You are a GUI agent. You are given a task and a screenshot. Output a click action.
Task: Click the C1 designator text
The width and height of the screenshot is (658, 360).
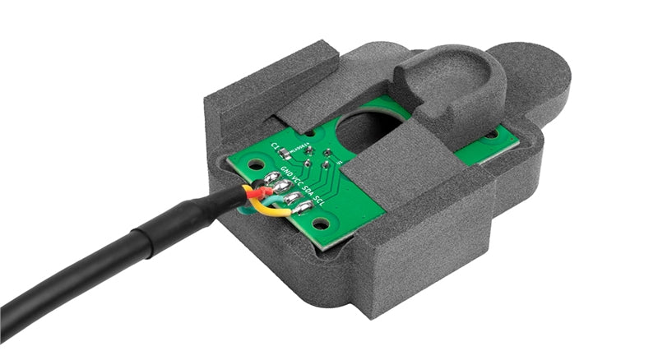click(x=275, y=147)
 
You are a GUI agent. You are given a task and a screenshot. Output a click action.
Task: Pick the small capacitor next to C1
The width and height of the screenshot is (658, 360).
click(x=285, y=154)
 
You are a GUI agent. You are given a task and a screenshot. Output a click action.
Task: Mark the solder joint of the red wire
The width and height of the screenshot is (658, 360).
click(x=280, y=187)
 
